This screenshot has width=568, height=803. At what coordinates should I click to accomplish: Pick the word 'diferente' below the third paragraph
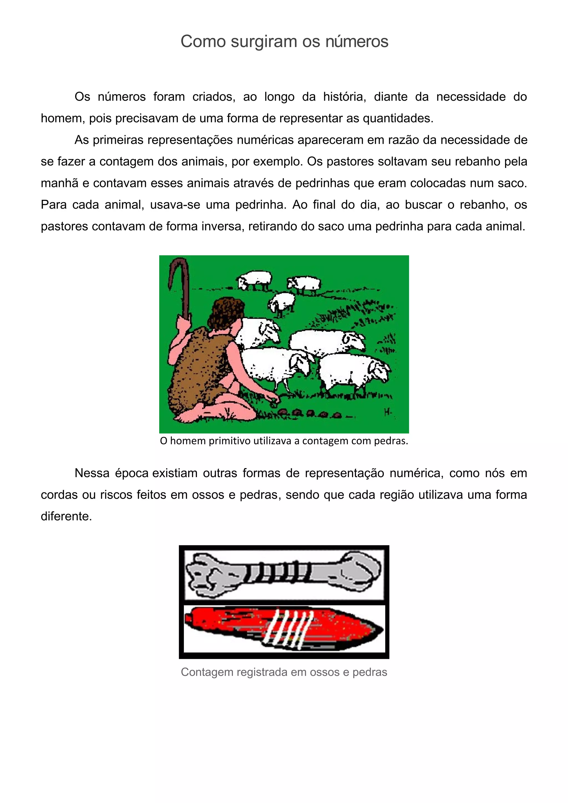(66, 516)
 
